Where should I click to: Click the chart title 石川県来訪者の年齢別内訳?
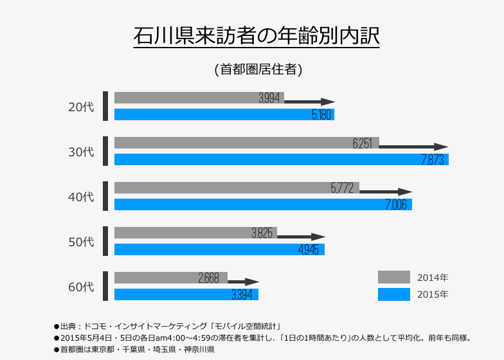pos(256,35)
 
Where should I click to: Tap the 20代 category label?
pos(81,107)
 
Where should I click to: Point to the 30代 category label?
pos(81,152)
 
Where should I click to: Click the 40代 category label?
pos(81,197)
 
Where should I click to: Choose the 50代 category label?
pos(81,242)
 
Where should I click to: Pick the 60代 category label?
pos(81,287)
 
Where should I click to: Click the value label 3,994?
pos(269,98)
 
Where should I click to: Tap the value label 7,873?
pos(433,160)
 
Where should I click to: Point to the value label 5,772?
pos(343,188)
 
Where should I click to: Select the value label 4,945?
pos(309,250)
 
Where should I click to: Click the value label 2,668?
pos(209,278)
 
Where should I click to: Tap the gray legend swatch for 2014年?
pos(393,277)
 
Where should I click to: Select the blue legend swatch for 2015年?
pos(393,294)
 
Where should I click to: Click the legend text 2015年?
pos(433,294)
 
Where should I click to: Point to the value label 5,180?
pos(321,115)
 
